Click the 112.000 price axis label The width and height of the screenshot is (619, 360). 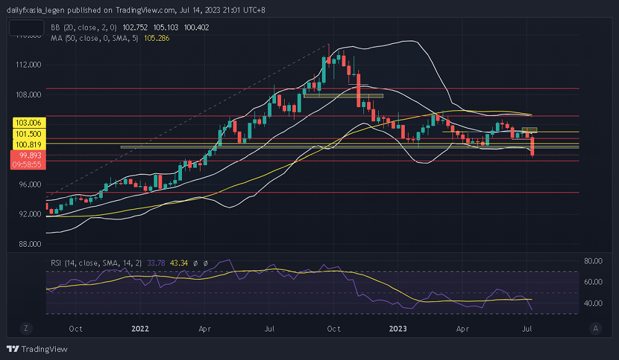click(28, 64)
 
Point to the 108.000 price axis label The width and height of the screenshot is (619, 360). click(28, 95)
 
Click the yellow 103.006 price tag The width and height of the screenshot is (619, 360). click(27, 123)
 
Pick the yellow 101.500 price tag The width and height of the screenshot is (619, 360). click(27, 134)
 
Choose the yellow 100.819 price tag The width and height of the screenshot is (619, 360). click(27, 144)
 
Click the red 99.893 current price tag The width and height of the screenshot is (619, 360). click(27, 155)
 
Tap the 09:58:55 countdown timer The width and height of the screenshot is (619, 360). click(27, 165)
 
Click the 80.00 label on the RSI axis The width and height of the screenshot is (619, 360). click(595, 260)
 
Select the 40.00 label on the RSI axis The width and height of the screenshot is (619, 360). click(595, 303)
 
